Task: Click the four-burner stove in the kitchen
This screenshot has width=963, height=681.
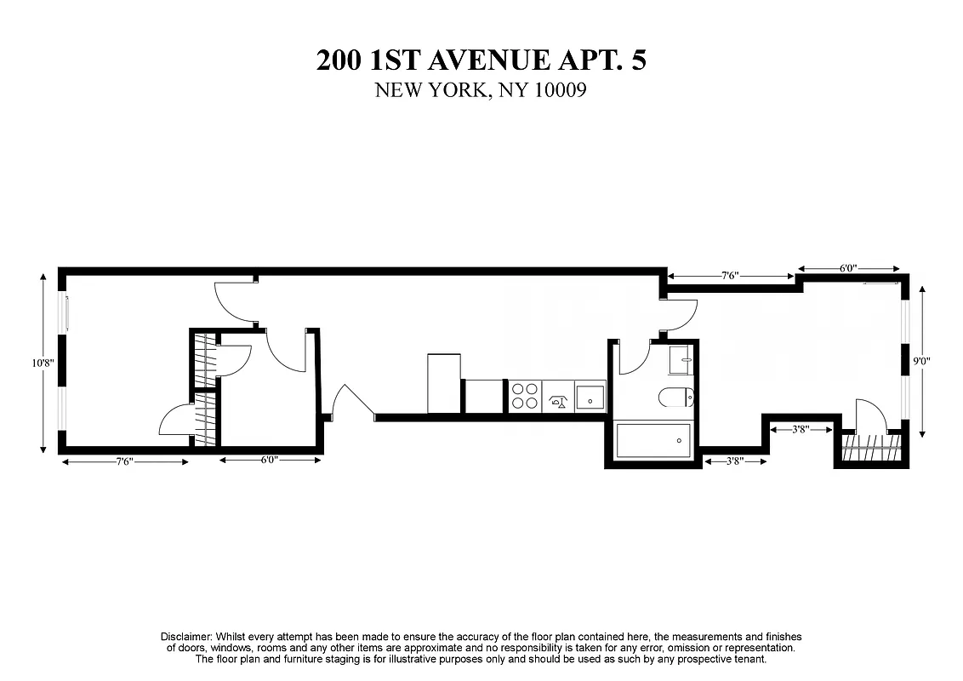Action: point(524,397)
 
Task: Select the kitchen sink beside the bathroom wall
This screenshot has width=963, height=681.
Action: point(590,398)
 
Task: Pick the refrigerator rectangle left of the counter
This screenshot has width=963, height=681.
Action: point(443,383)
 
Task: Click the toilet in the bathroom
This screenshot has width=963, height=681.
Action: point(678,397)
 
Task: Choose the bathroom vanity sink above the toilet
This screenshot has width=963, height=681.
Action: point(681,359)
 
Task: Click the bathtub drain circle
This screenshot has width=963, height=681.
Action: point(678,440)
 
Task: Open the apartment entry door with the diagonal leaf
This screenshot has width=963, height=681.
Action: point(351,402)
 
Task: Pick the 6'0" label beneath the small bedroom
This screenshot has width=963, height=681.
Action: point(269,461)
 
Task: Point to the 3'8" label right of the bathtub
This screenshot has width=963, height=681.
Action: point(735,461)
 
